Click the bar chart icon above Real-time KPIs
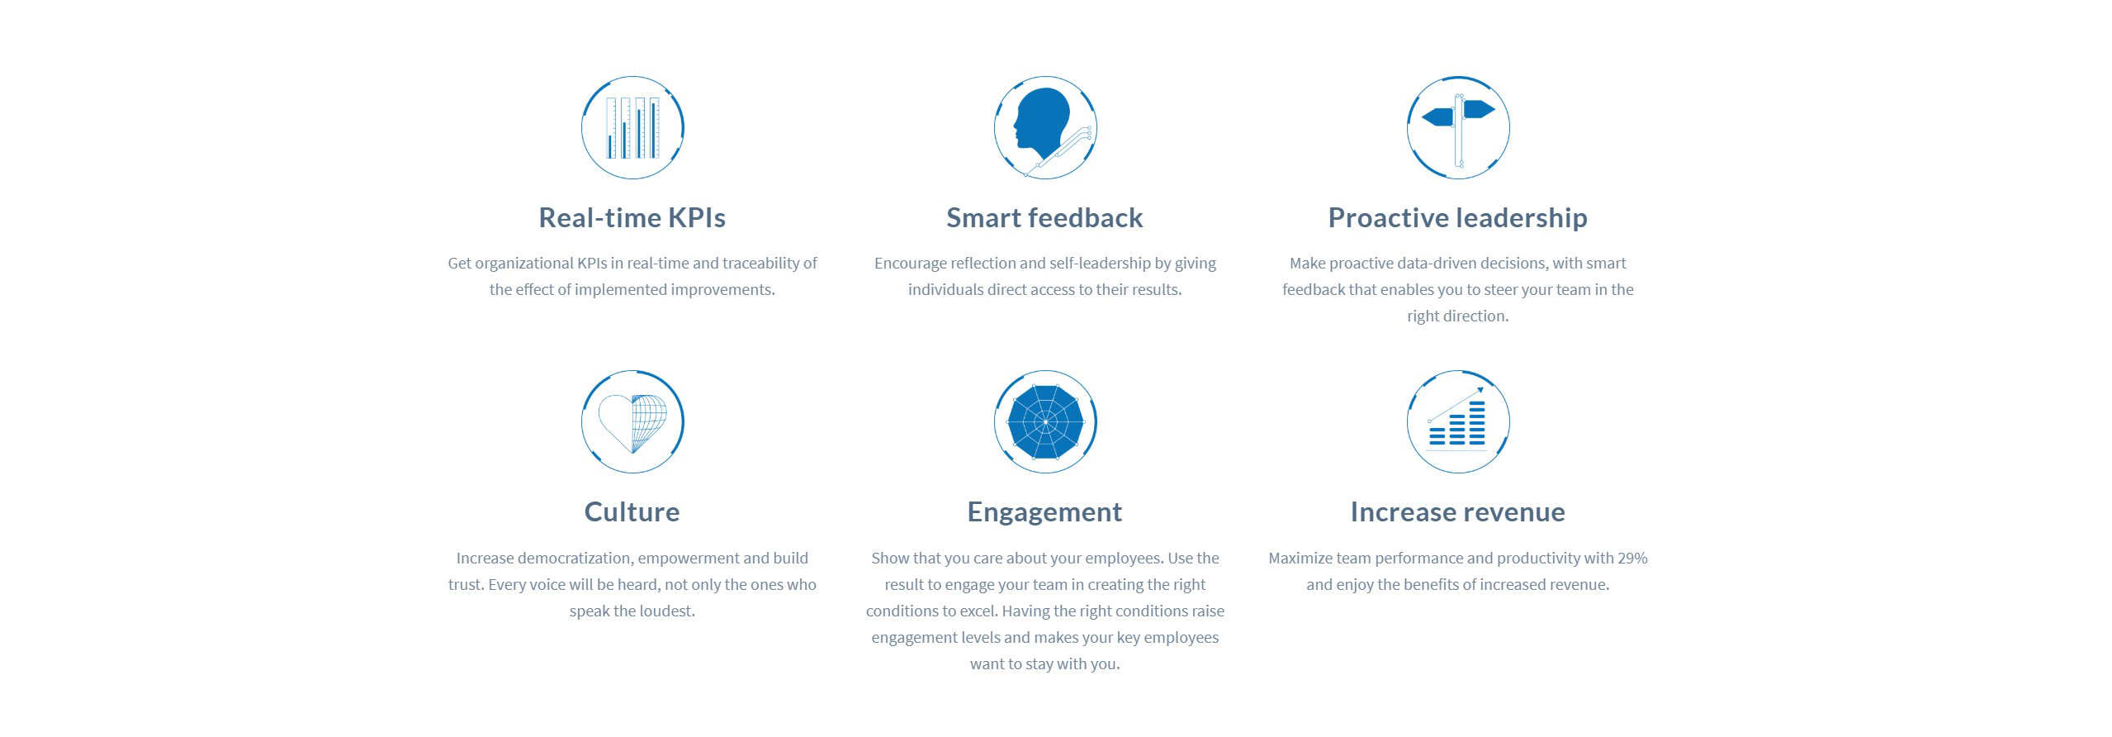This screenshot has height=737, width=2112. [x=632, y=127]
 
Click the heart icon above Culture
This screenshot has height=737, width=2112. [x=632, y=421]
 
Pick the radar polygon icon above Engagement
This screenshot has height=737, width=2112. [x=1045, y=421]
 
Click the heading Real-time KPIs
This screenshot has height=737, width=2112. [x=632, y=217]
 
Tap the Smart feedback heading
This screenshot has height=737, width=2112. [x=1044, y=217]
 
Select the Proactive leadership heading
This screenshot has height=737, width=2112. [x=1457, y=218]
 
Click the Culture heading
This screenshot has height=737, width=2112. [x=632, y=511]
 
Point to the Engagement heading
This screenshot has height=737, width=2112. [x=1044, y=512]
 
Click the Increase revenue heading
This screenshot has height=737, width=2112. [x=1457, y=511]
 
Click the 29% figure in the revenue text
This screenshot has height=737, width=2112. [x=1632, y=558]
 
